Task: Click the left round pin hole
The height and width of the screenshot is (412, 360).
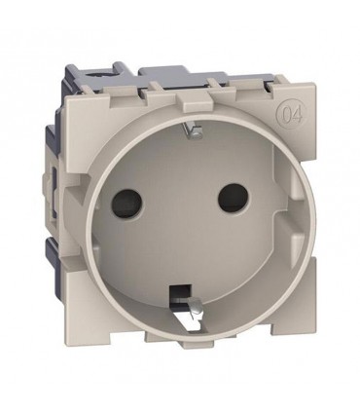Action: pos(126,204)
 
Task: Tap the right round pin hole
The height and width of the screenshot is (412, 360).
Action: pos(233,198)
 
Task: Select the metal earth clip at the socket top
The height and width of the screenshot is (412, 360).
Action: pos(192,131)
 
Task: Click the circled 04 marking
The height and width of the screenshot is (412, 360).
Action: pos(291,114)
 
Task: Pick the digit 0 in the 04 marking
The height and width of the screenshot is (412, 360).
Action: pos(286,114)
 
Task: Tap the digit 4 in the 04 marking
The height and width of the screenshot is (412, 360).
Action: pos(297,114)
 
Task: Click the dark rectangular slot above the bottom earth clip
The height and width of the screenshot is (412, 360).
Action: pos(180,291)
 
